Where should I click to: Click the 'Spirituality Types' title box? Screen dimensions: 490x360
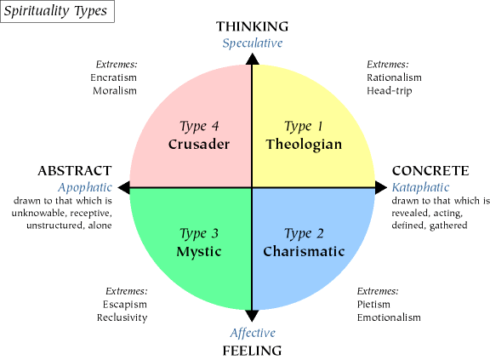(x=57, y=11)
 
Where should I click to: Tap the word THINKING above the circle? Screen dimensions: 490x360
(x=252, y=26)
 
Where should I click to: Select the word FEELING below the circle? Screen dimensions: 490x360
(x=252, y=351)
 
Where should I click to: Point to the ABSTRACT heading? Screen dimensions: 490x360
(x=75, y=171)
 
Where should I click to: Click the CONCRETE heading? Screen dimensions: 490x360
(x=430, y=171)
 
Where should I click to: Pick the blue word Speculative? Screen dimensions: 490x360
(x=253, y=43)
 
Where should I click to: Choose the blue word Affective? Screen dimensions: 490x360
(x=253, y=333)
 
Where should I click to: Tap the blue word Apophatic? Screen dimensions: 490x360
(x=85, y=187)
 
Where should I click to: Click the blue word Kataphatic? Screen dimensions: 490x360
(x=420, y=187)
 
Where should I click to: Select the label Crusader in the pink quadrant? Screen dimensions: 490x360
(x=199, y=145)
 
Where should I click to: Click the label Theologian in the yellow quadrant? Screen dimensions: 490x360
(x=304, y=145)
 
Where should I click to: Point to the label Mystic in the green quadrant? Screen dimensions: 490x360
(x=199, y=252)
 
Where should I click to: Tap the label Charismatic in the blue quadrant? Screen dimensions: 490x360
(x=304, y=252)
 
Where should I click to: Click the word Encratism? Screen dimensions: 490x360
(x=113, y=77)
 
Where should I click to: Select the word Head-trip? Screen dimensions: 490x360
(x=390, y=91)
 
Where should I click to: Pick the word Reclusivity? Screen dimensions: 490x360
(x=122, y=317)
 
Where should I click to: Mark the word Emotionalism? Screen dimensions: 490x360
(x=389, y=317)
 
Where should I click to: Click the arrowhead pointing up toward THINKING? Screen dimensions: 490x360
(x=252, y=60)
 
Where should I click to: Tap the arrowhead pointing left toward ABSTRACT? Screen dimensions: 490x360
(x=124, y=187)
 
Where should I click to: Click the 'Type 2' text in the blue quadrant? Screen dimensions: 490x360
(x=304, y=234)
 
